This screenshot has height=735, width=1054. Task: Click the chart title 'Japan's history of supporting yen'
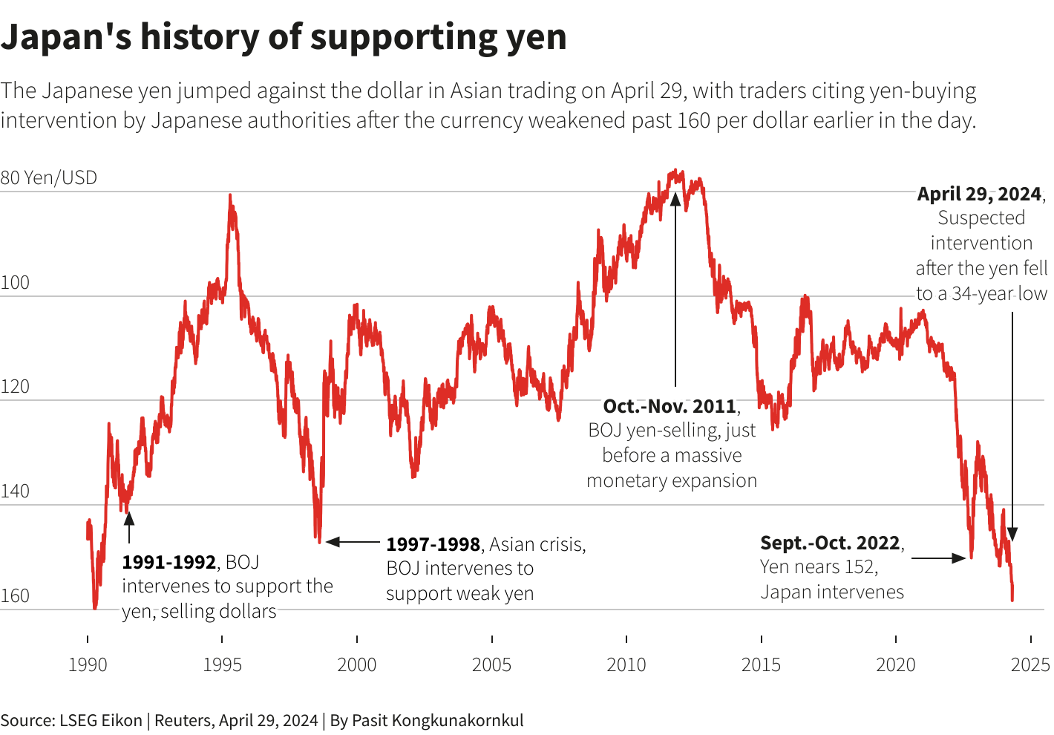pyautogui.click(x=284, y=37)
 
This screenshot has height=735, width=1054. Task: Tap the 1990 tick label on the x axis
pyautogui.click(x=88, y=664)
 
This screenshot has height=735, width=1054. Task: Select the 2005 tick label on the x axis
pyautogui.click(x=491, y=664)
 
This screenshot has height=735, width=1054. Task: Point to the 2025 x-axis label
pyautogui.click(x=1030, y=664)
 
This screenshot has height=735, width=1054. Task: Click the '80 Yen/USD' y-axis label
pyautogui.click(x=49, y=178)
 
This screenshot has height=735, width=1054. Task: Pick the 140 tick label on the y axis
pyautogui.click(x=15, y=491)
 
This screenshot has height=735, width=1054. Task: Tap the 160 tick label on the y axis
pyautogui.click(x=15, y=596)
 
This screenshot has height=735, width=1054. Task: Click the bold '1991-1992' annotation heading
pyautogui.click(x=169, y=563)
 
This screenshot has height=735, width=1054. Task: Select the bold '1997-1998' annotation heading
pyautogui.click(x=433, y=545)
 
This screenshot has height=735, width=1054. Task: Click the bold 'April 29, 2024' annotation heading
pyautogui.click(x=979, y=195)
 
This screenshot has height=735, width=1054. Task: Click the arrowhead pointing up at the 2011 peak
pyautogui.click(x=675, y=198)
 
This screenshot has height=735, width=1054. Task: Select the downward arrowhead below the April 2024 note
pyautogui.click(x=1012, y=534)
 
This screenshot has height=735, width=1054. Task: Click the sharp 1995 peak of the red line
pyautogui.click(x=230, y=197)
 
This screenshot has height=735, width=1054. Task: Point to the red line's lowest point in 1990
pyautogui.click(x=94, y=607)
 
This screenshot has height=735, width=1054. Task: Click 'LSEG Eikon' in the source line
pyautogui.click(x=101, y=720)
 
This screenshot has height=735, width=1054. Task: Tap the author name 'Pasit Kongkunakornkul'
pyautogui.click(x=437, y=720)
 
